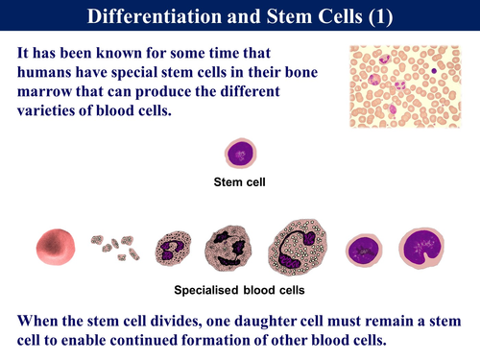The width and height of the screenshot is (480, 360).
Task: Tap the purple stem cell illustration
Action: pos(239,153)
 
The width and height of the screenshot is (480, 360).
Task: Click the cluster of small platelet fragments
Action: pos(114,248)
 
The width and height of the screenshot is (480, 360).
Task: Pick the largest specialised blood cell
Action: pos(299,245)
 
